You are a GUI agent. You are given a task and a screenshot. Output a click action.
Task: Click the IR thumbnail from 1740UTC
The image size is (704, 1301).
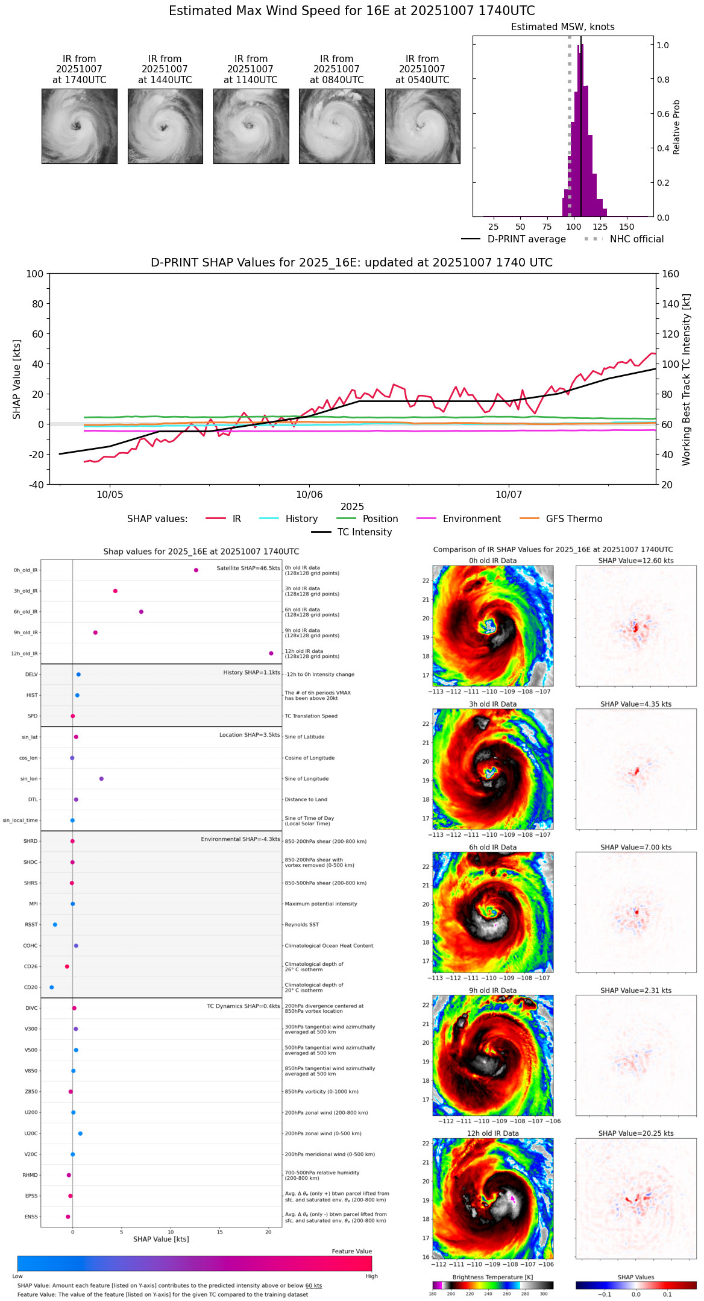(79, 126)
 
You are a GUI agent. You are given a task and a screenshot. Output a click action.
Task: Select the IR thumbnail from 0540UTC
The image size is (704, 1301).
(423, 126)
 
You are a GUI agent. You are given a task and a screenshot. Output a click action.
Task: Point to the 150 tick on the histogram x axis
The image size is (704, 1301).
(627, 227)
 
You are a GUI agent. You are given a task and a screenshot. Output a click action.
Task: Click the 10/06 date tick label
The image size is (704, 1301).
(309, 495)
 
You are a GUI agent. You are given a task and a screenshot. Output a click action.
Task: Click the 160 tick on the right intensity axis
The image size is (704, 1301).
(670, 274)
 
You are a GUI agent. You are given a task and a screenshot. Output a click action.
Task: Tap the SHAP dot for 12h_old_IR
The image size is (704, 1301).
(271, 654)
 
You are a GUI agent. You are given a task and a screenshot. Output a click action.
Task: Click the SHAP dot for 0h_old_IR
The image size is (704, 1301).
(196, 570)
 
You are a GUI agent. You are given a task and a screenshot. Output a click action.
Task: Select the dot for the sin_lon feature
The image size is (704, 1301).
(101, 779)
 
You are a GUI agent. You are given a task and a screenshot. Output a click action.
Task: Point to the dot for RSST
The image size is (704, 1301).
(55, 925)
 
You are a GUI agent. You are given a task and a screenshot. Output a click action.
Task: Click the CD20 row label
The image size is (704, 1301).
(31, 988)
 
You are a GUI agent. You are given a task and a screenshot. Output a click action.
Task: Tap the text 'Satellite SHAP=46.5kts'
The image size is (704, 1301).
(248, 569)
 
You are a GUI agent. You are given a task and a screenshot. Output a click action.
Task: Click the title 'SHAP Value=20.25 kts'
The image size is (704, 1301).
(636, 1133)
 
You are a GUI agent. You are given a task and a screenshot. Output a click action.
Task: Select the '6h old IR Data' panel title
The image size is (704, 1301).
(492, 848)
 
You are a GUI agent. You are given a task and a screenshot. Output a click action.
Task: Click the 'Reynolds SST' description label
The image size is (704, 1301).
(301, 925)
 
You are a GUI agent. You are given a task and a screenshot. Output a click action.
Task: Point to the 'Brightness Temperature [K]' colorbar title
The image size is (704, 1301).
(492, 1277)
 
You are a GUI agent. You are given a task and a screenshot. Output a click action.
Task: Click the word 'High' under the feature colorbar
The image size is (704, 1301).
(371, 1276)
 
